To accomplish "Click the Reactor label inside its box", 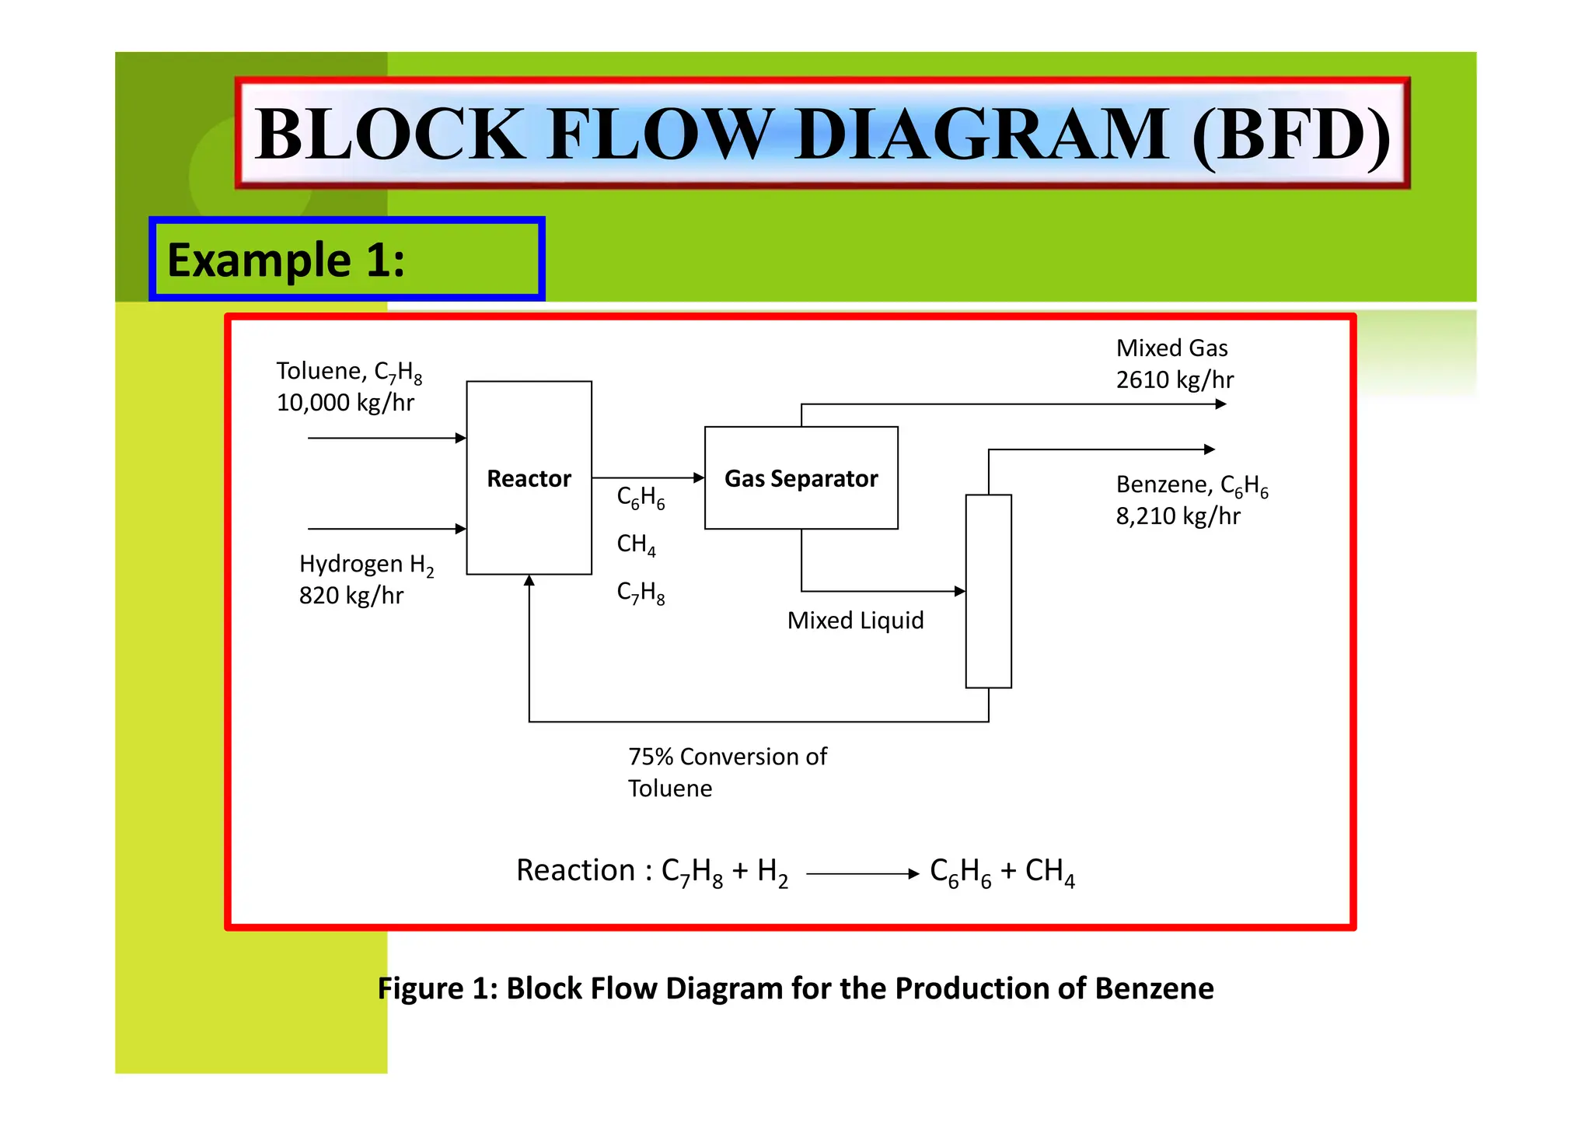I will [529, 478].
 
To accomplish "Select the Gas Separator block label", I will [801, 478].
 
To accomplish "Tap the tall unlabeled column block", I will [988, 591].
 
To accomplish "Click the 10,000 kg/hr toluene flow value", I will [345, 403].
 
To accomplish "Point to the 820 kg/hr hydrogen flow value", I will [351, 596].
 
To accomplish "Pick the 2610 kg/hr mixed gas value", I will [1175, 380].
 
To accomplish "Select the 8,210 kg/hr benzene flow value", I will [1178, 516].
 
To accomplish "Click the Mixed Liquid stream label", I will [855, 621].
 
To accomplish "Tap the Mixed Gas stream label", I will [1171, 348].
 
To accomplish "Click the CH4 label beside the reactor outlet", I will [636, 544].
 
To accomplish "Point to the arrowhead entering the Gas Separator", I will [699, 477].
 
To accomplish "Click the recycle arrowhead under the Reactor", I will [529, 580].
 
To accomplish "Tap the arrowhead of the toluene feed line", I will [461, 439].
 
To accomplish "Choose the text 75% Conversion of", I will [728, 757].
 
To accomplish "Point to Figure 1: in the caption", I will [437, 988].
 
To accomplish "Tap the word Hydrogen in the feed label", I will [351, 564].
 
